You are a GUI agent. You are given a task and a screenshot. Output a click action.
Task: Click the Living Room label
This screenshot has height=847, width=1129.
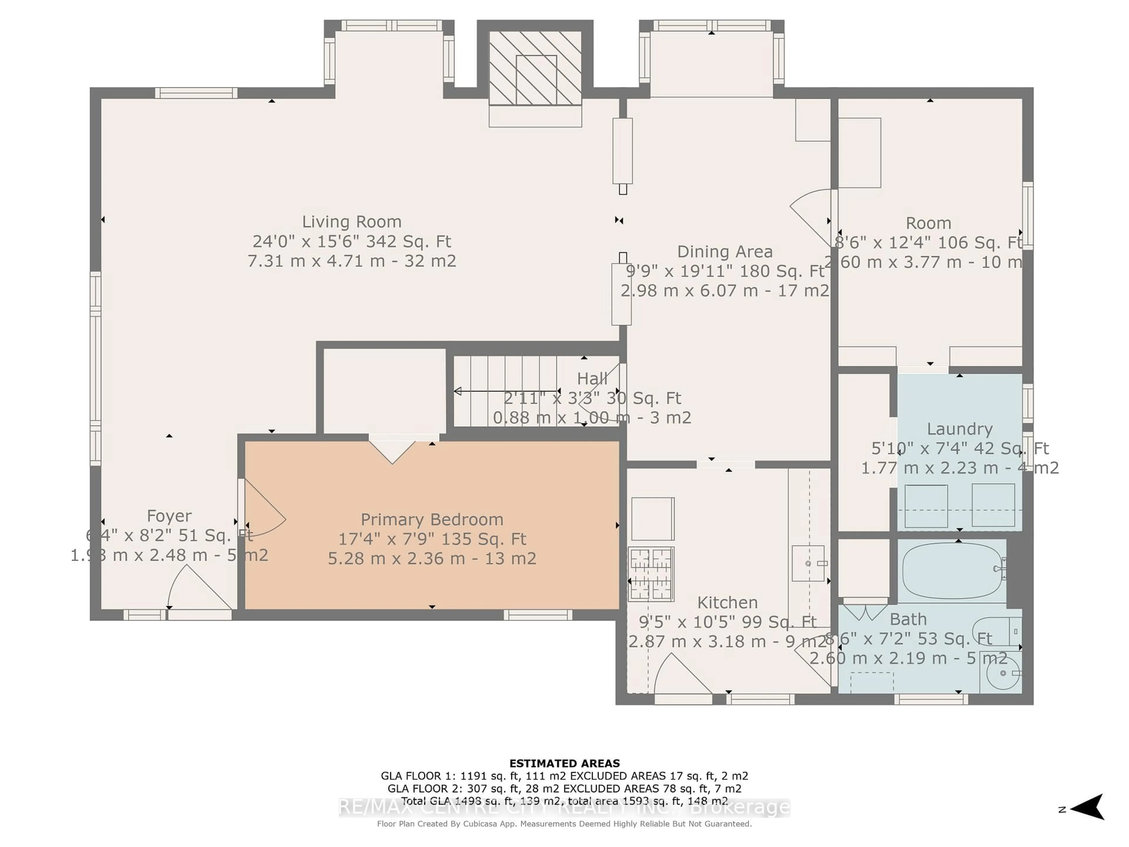(x=352, y=221)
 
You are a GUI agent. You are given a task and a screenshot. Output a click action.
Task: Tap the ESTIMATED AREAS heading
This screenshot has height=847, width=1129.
(x=564, y=763)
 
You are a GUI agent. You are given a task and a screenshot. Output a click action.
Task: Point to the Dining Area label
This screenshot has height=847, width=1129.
(x=725, y=252)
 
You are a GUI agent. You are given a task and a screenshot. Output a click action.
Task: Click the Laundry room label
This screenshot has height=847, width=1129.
(x=960, y=429)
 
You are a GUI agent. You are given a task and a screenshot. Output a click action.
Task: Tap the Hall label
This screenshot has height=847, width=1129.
(x=592, y=378)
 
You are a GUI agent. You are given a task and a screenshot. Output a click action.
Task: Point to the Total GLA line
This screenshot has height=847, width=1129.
(x=564, y=801)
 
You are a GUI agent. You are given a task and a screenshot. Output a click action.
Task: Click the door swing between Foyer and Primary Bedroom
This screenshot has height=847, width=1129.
(x=263, y=508)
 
